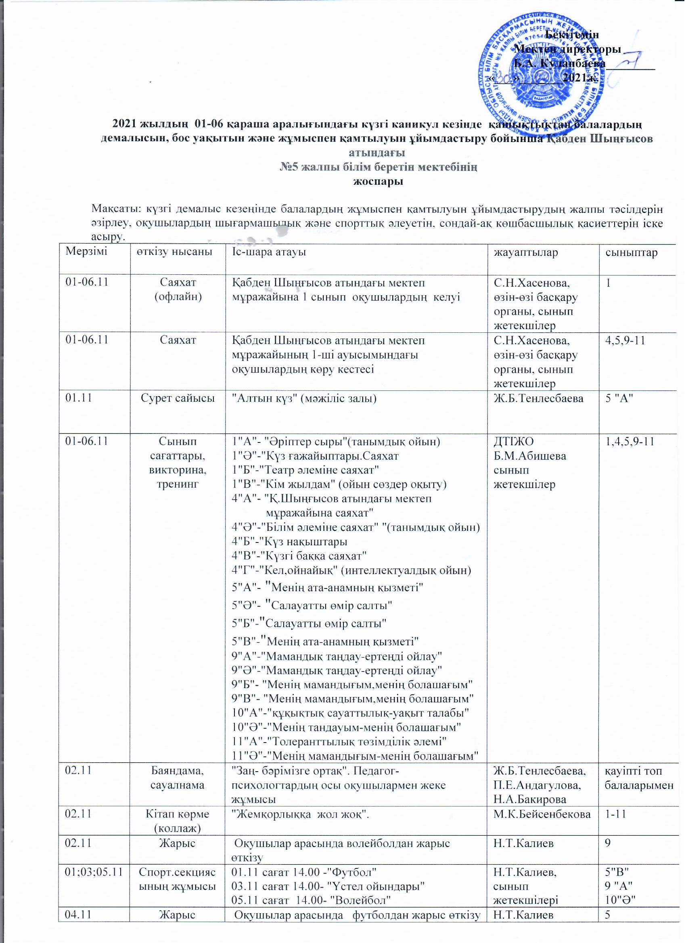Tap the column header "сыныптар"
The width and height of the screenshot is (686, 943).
point(631,252)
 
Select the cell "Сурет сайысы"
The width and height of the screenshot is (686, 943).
point(178,398)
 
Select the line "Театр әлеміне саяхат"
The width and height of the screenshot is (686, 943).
point(305,470)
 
